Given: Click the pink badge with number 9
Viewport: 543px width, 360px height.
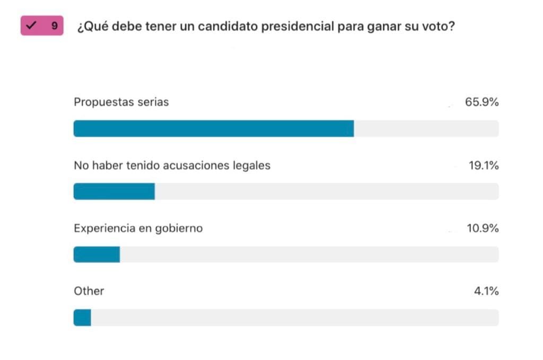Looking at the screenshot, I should coord(42,25).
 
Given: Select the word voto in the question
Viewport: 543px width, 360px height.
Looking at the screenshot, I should coord(437,27).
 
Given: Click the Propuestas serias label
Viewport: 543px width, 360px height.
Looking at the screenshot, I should coord(121,102).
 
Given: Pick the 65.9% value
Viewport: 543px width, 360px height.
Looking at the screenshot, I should coord(481,102).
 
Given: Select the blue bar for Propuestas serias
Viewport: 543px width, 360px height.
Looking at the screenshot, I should coord(213,129).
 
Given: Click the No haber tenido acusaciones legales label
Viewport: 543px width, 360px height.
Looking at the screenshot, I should coord(172,165).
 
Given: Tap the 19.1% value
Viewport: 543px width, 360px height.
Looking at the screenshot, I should coord(483,165).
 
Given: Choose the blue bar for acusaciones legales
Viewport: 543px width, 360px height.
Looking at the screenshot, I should coord(114,191).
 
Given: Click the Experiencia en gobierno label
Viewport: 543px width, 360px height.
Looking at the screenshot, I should coord(138,229).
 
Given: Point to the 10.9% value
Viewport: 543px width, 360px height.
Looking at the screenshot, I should coord(483,229).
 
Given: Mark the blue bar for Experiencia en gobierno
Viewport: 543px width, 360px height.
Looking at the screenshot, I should coord(97,254).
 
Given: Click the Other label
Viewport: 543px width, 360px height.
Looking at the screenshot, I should coord(89,291).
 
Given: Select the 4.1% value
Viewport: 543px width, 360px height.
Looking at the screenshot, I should coord(486,291).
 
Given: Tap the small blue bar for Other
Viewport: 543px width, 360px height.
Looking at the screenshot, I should coord(82,318).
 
